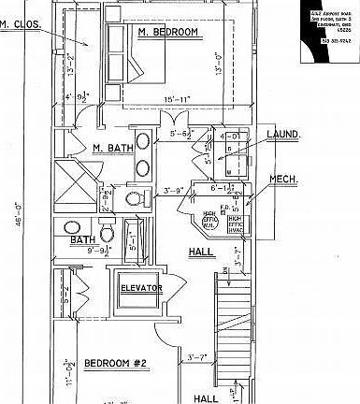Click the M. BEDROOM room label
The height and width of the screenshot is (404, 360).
(168, 33)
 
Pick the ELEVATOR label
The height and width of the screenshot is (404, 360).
(141, 288)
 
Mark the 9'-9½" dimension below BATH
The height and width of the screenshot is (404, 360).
(96, 251)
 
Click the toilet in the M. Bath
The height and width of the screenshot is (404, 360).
(134, 199)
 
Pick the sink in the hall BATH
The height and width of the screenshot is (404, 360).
(71, 227)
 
